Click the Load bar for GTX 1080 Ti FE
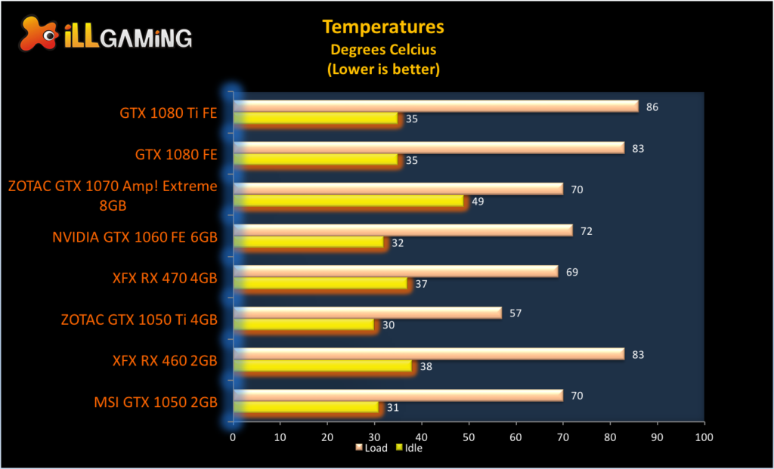pos(436,106)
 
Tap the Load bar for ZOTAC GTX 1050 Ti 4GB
pos(367,313)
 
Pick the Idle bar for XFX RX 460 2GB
pos(324,366)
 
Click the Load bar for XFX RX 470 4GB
pos(396,271)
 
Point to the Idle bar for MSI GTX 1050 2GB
pos(307,407)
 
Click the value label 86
pos(652,107)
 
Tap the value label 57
pos(515,313)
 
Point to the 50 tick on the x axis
pos(469,437)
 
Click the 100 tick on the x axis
pos(704,437)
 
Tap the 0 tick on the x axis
pos(233,437)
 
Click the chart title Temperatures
pos(383,27)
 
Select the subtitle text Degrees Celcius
pos(383,50)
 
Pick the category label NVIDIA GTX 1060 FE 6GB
pos(135,237)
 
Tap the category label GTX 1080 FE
pos(176,155)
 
